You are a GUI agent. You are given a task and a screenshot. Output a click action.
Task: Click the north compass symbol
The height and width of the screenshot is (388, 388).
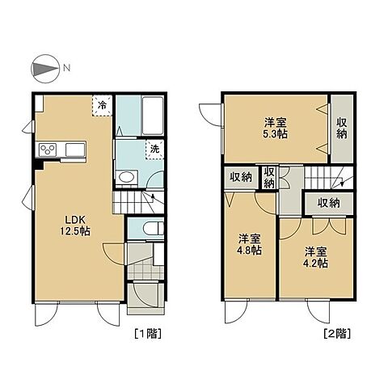(x=45, y=69)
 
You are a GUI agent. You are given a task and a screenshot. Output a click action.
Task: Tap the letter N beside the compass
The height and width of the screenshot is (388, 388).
(x=66, y=68)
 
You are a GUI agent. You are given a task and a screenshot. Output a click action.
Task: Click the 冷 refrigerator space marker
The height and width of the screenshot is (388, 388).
(x=102, y=105)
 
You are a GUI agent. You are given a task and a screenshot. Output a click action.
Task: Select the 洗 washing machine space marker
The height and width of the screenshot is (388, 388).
(x=154, y=150)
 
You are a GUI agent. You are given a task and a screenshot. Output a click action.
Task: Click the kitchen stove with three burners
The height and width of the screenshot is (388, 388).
(x=48, y=150)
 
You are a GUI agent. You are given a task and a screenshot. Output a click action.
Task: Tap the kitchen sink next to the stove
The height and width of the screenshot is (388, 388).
(x=75, y=150)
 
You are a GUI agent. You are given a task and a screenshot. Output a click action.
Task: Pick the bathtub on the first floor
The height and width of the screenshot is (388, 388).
(x=153, y=116)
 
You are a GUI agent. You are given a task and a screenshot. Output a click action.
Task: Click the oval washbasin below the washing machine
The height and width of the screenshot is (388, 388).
(x=126, y=177)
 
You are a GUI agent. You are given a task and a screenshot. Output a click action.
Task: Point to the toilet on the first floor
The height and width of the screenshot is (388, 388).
(x=154, y=229)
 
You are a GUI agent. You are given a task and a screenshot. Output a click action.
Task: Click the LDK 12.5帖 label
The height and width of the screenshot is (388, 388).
(x=74, y=226)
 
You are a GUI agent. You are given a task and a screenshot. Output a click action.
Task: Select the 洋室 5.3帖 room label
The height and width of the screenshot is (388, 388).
(x=275, y=128)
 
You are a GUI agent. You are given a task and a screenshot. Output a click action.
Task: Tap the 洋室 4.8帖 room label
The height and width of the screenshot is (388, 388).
(x=249, y=244)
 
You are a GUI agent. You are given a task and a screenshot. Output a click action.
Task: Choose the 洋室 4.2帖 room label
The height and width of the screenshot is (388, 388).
(x=315, y=257)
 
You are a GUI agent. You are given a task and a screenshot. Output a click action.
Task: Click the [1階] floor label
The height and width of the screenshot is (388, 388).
(x=148, y=334)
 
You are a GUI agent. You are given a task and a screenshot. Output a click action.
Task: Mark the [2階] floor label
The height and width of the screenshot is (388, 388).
(x=337, y=334)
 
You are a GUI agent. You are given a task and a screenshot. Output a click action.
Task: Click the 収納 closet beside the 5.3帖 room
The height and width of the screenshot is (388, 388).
(x=342, y=129)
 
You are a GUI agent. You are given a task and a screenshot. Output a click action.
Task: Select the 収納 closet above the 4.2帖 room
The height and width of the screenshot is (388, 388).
(x=328, y=203)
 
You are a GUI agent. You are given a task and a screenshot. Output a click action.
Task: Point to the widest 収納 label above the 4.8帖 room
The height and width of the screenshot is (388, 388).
(x=241, y=178)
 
